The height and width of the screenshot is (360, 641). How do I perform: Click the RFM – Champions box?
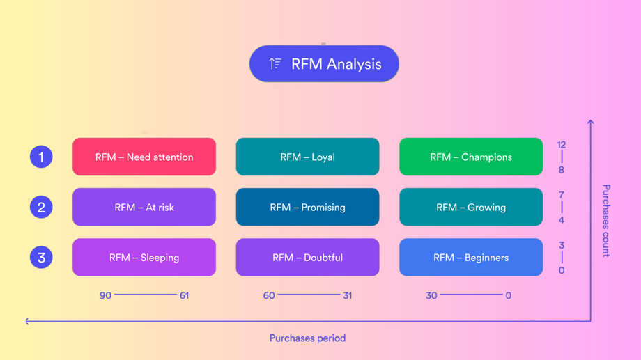pyautogui.click(x=471, y=157)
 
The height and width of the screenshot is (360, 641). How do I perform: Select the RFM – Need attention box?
pyautogui.click(x=144, y=157)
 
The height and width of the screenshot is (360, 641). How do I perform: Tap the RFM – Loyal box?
pyautogui.click(x=307, y=157)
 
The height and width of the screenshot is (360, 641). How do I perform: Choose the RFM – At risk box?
pyautogui.click(x=144, y=207)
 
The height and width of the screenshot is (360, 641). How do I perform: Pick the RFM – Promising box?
pyautogui.click(x=307, y=207)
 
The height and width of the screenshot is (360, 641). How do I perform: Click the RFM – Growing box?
pyautogui.click(x=471, y=207)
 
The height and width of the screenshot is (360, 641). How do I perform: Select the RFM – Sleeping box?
pyautogui.click(x=144, y=257)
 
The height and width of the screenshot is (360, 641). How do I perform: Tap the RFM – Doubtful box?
pyautogui.click(x=307, y=257)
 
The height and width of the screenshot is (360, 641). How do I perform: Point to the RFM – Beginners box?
pyautogui.click(x=471, y=257)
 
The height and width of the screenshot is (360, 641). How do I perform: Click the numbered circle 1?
pyautogui.click(x=41, y=157)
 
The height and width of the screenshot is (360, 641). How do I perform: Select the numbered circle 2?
pyautogui.click(x=41, y=207)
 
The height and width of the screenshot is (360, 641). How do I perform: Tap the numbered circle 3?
pyautogui.click(x=41, y=257)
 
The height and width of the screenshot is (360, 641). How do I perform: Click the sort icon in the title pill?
pyautogui.click(x=275, y=64)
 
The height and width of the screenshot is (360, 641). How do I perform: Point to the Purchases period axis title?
pyautogui.click(x=307, y=338)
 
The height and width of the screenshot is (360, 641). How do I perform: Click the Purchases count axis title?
pyautogui.click(x=606, y=221)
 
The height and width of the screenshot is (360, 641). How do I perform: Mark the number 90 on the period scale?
pyautogui.click(x=105, y=295)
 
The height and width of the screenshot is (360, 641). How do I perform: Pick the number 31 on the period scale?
pyautogui.click(x=347, y=295)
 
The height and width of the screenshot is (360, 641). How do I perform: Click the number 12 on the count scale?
pyautogui.click(x=562, y=145)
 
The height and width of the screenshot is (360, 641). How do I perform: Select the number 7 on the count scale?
pyautogui.click(x=562, y=195)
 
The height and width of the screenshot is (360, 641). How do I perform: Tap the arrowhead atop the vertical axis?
pyautogui.click(x=591, y=123)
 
